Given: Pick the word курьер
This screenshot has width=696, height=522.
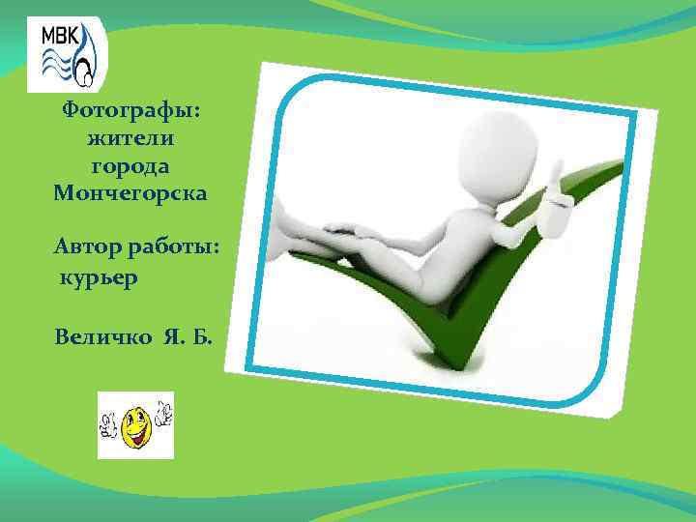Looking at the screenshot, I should (100, 278).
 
